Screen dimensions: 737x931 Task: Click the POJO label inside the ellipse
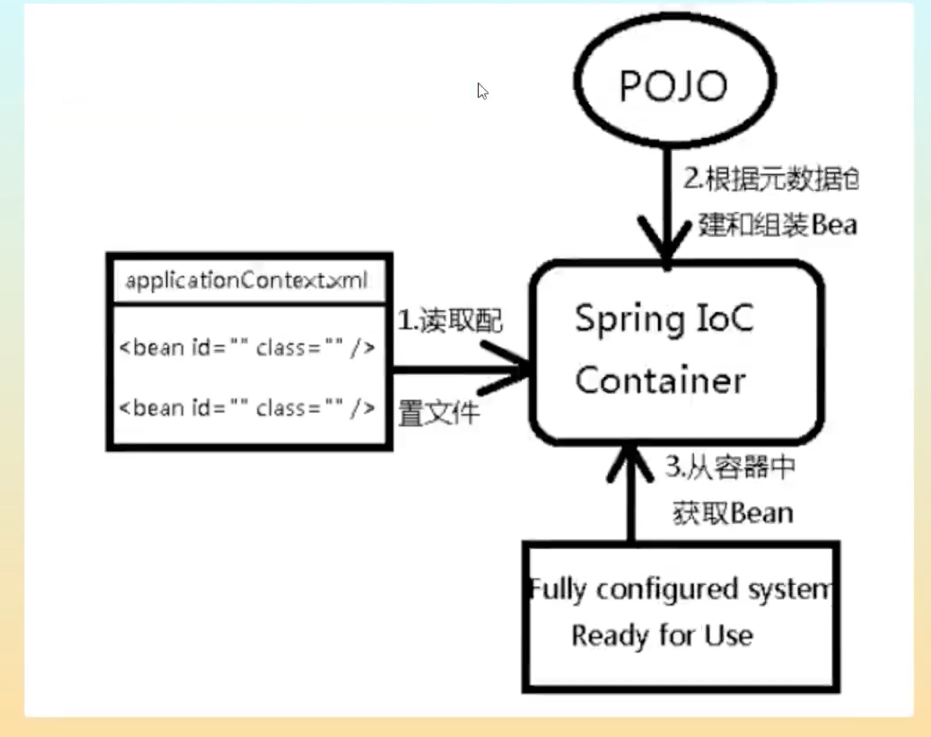coord(673,86)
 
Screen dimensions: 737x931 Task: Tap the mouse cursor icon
coord(482,91)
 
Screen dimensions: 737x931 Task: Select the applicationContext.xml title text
coord(247,280)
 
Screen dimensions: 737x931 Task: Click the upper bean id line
coord(247,348)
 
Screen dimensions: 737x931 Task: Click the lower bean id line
coord(247,408)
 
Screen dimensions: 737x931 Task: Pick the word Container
coord(660,380)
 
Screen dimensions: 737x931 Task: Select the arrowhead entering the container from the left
coord(509,368)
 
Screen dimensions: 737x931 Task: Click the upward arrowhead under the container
coord(630,464)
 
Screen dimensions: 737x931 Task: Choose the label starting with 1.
coord(450,321)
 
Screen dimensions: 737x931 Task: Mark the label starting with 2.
coord(771,179)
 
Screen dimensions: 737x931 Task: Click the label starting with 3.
coord(730,467)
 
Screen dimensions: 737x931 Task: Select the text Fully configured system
coord(680,589)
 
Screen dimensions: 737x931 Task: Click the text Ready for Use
coord(662,635)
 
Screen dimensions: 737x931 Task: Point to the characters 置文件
coord(439,413)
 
